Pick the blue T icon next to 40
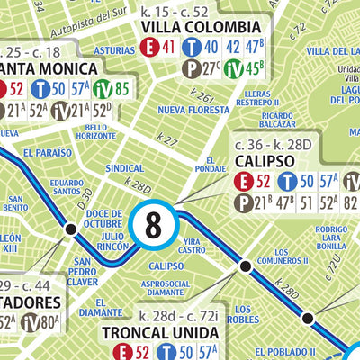click(x=191, y=48)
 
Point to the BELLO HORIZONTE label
click(x=97, y=131)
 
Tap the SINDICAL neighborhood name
click(x=126, y=168)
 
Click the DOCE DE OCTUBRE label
click(x=103, y=217)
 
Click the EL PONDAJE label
click(x=208, y=165)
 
